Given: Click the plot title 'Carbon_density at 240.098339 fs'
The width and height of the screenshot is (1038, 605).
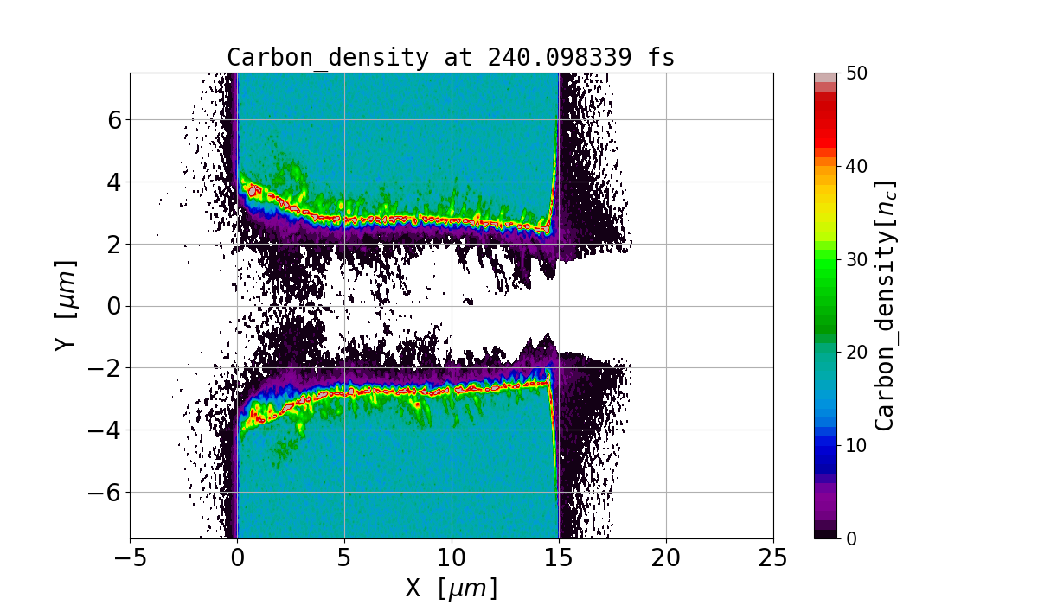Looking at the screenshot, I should pyautogui.click(x=451, y=58).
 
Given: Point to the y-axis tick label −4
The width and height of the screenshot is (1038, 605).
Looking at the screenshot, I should pyautogui.click(x=105, y=430).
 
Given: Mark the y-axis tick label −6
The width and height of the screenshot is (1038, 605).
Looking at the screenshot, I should pyautogui.click(x=105, y=493).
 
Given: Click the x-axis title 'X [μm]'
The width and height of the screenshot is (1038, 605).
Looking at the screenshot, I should pyautogui.click(x=452, y=589).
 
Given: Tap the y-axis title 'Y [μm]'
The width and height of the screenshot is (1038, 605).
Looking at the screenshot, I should pyautogui.click(x=65, y=306).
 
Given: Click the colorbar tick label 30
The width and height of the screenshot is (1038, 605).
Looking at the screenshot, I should pyautogui.click(x=856, y=259).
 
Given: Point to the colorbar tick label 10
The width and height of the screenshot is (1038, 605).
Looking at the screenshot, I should pyautogui.click(x=856, y=446).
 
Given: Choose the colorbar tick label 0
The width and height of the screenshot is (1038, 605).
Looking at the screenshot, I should pyautogui.click(x=851, y=538).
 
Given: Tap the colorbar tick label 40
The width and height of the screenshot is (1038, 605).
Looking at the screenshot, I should pyautogui.click(x=856, y=167).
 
